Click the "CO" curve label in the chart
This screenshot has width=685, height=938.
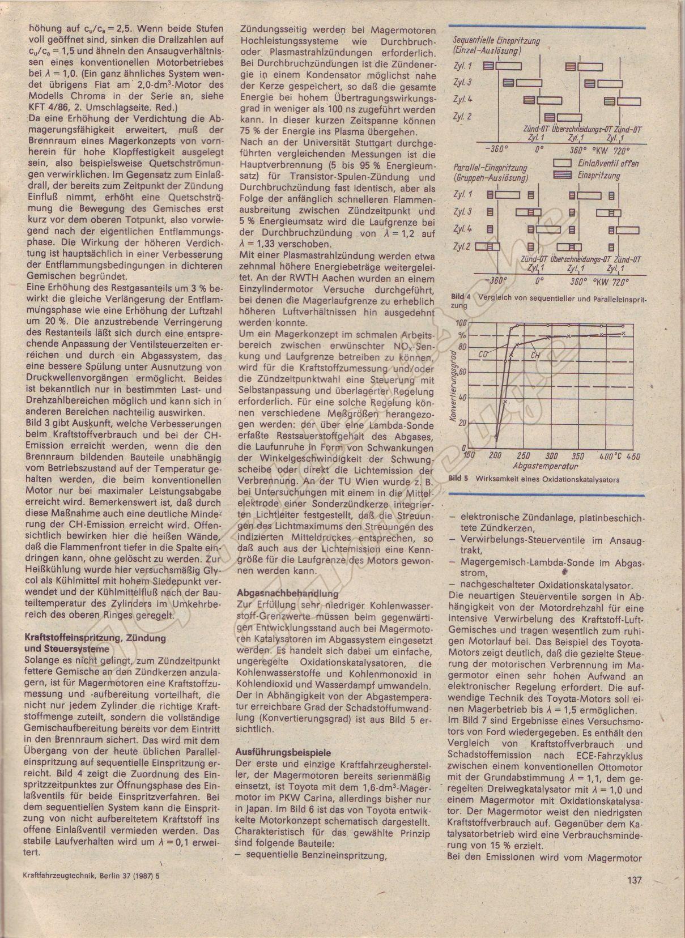[483, 354]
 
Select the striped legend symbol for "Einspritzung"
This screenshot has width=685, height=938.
[562, 176]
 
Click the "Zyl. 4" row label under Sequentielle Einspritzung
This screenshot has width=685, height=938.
[463, 99]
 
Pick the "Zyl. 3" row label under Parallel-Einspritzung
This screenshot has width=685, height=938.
[463, 212]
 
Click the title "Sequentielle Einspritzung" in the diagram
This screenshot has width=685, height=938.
[497, 41]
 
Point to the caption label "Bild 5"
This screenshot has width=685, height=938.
[458, 479]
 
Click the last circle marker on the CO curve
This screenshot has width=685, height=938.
[623, 326]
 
